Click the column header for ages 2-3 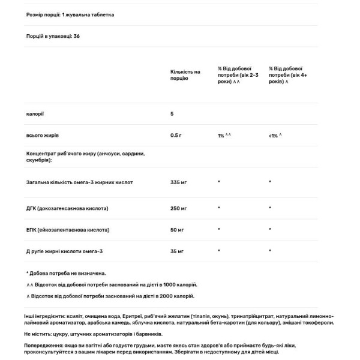238,74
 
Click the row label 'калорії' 35,113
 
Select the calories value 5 172,113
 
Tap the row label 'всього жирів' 42,135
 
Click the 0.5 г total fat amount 176,135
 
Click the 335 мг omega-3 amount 178,181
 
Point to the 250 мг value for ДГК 178,208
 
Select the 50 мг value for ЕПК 177,229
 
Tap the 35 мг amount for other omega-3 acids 177,251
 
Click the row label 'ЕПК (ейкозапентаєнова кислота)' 67,229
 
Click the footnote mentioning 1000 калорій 111,285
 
